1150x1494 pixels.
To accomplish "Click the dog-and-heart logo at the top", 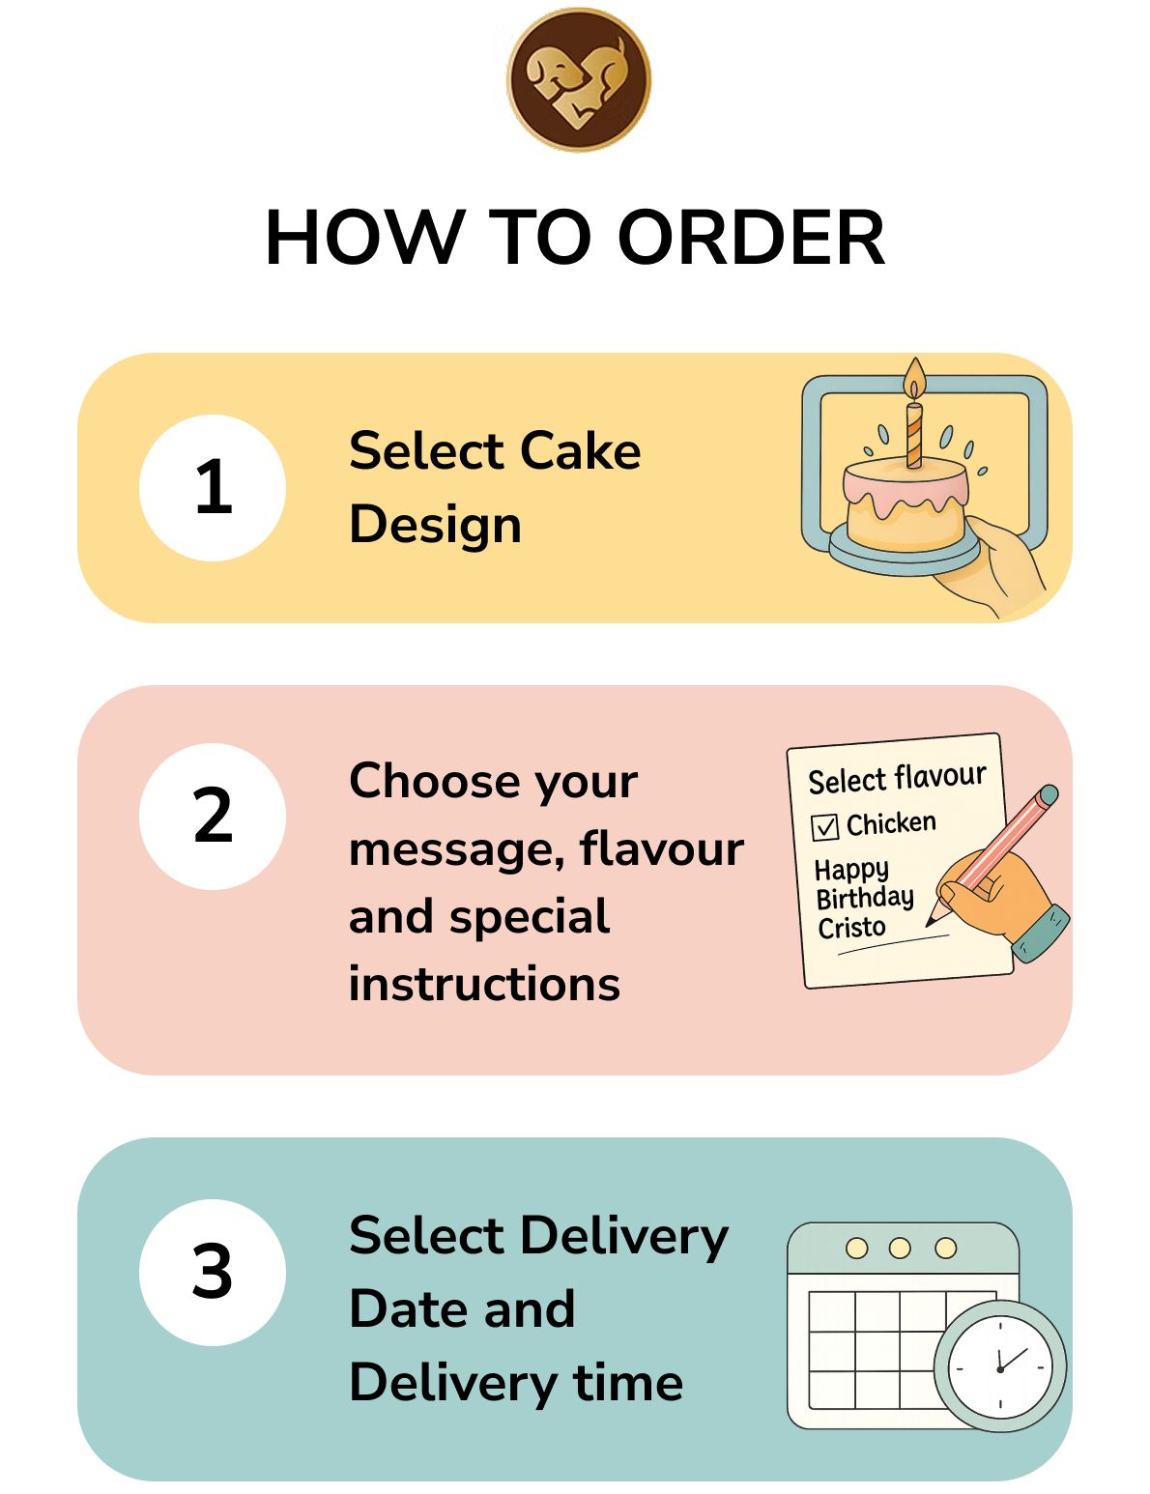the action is pos(578,79).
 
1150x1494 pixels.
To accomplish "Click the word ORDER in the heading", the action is pos(751,237).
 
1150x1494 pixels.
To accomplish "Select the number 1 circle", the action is pos(213,487).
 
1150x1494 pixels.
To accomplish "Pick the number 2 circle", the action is pos(213,817).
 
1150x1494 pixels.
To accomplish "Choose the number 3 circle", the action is pos(213,1273).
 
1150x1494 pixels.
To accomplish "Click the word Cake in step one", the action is pos(580,451).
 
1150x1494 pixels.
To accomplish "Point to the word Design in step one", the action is pos(435,527).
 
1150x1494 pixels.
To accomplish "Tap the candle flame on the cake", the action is pos(914,378).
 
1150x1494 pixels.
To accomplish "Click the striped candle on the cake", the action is pos(913,435).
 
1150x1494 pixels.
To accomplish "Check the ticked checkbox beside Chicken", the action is pos(825,827).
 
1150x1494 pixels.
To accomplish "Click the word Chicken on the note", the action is pos(891,823).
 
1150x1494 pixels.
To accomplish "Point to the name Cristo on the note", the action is pos(851,928).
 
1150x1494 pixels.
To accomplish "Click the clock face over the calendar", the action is pos(1000,1368).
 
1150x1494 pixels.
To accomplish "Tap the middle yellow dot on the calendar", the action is pos(900,1248).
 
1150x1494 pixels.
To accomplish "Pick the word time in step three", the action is pos(628,1383).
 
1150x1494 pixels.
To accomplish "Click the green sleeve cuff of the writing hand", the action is pos(1041,934).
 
